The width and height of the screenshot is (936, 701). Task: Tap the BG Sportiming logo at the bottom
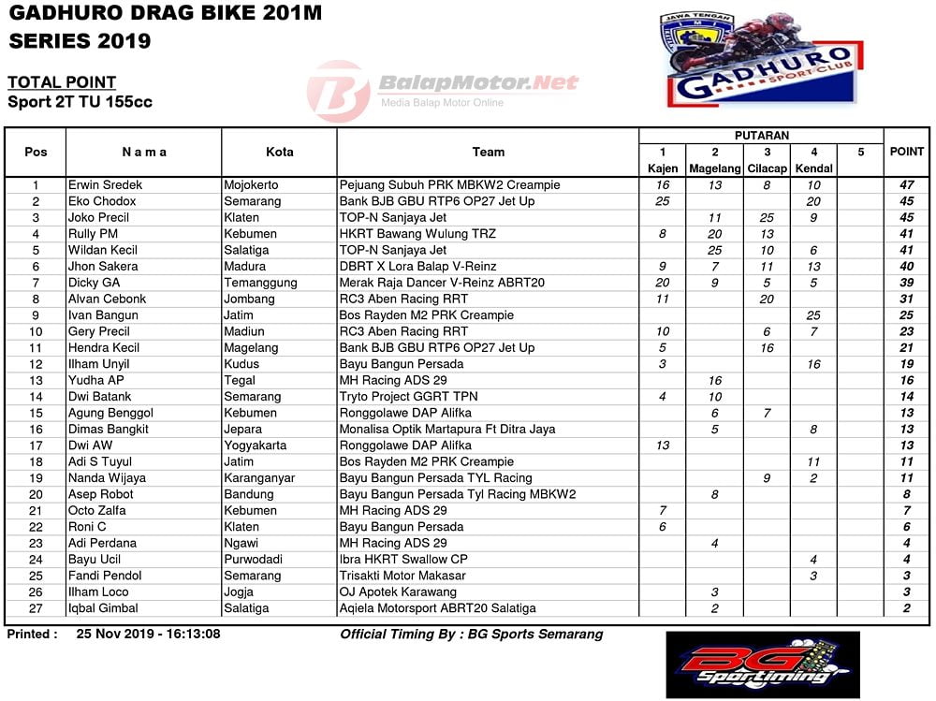(x=762, y=664)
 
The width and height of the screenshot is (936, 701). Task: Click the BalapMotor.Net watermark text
(x=478, y=83)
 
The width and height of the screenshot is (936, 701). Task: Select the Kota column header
(x=279, y=152)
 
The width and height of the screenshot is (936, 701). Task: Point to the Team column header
(x=488, y=152)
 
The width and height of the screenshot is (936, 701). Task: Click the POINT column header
(x=906, y=152)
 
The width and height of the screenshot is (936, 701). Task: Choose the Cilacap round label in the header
(x=767, y=168)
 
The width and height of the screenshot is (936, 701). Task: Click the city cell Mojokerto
(x=251, y=185)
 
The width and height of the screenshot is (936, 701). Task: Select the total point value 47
(x=906, y=185)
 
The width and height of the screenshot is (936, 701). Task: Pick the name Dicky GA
(x=94, y=283)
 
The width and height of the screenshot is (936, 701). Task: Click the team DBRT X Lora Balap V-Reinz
(x=417, y=267)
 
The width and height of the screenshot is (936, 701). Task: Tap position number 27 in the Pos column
(x=36, y=608)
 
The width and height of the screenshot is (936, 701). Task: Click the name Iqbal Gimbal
(x=103, y=608)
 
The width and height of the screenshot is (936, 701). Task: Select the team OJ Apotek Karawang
(x=398, y=591)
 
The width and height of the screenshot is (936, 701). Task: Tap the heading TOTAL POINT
(x=62, y=82)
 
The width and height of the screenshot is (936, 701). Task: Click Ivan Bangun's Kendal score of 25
(x=812, y=315)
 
